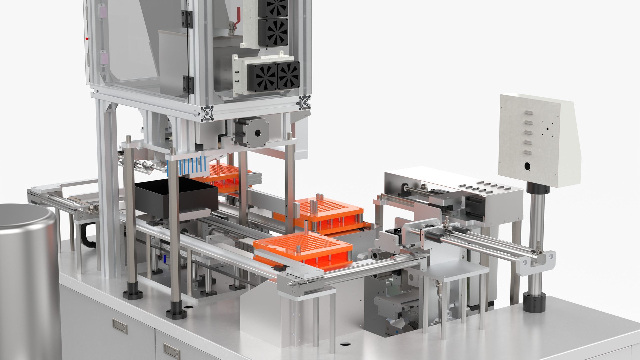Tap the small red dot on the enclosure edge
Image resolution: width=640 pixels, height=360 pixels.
coord(87,39)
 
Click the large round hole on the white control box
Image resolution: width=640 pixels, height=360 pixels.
coord(527,166)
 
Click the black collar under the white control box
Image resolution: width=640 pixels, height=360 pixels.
coord(538,188)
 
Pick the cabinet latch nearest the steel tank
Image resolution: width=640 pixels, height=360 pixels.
coord(120,326)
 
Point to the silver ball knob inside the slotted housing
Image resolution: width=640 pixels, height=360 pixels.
coord(424,186)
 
